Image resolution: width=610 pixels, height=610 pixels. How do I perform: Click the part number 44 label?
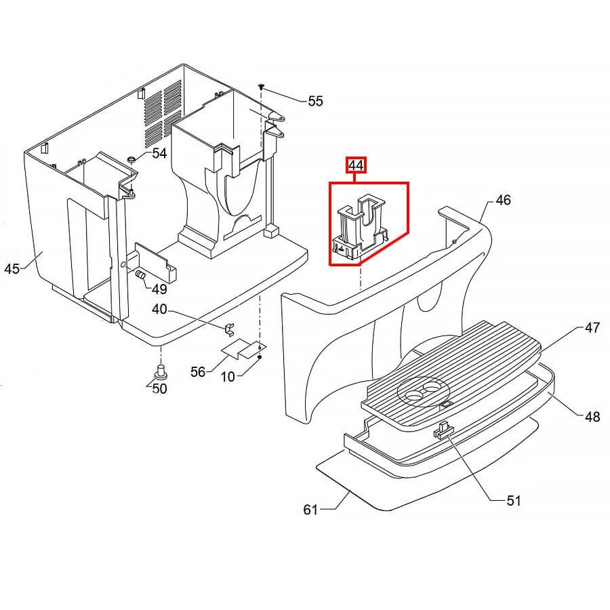tap(356, 165)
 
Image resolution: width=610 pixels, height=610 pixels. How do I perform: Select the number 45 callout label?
tap(12, 269)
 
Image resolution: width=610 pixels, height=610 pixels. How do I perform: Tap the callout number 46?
tap(503, 200)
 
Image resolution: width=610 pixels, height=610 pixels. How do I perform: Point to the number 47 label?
tap(592, 328)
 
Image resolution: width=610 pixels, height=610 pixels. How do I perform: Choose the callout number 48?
tap(592, 417)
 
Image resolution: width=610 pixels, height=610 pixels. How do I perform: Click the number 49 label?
tap(159, 289)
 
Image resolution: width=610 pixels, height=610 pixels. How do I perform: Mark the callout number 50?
tap(159, 388)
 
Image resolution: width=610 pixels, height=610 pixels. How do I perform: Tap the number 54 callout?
tap(159, 154)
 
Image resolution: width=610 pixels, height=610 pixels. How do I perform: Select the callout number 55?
tap(315, 102)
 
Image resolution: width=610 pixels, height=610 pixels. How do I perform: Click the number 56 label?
tap(198, 372)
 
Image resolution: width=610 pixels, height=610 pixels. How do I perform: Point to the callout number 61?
tap(310, 510)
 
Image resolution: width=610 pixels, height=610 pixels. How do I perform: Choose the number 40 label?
tap(159, 310)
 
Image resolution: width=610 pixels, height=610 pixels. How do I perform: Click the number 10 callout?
tap(227, 376)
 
